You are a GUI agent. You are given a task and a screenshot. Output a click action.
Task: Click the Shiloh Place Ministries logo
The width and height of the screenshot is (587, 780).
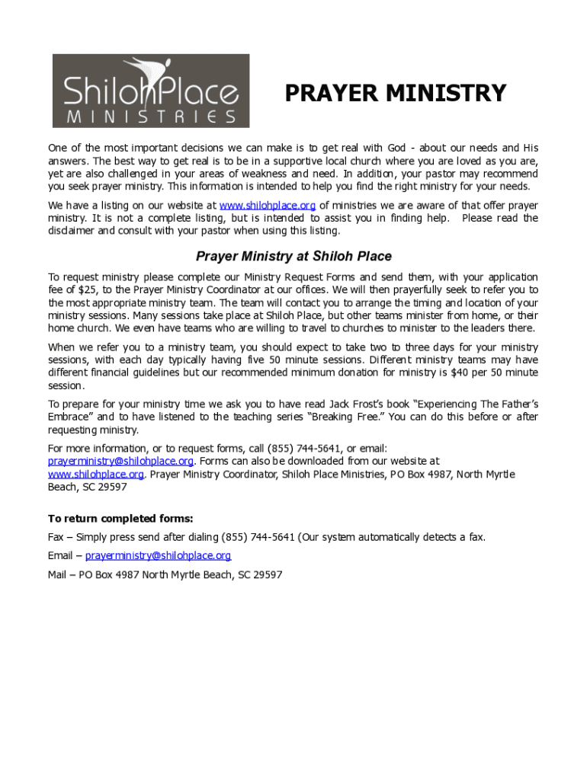click(x=151, y=91)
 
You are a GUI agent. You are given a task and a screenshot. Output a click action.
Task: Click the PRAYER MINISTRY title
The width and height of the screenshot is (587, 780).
click(x=395, y=93)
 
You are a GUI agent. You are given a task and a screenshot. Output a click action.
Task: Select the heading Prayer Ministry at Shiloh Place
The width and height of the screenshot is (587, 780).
click(x=294, y=257)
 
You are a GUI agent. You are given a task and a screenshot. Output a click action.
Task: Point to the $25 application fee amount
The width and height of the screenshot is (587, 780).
click(x=88, y=289)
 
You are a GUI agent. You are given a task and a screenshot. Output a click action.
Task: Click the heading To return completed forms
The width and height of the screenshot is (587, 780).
click(x=120, y=519)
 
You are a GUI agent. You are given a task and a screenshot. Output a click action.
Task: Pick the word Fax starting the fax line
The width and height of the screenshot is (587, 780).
click(x=56, y=537)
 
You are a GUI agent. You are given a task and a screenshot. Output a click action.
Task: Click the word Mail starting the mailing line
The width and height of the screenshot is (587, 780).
click(x=58, y=575)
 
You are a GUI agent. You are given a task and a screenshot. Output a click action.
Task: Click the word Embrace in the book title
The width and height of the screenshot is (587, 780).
click(x=70, y=417)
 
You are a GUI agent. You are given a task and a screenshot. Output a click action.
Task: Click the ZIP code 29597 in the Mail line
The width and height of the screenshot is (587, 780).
click(x=268, y=575)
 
